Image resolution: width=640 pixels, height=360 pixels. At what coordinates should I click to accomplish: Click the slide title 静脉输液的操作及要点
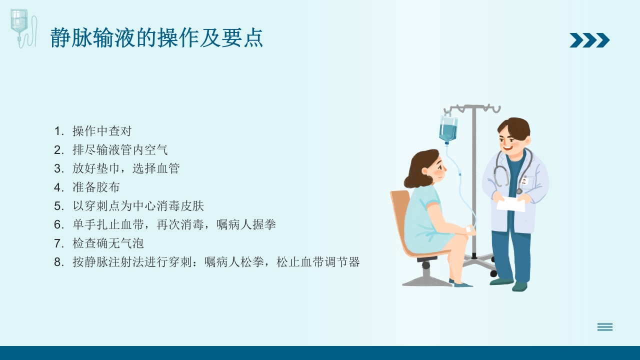click(156, 38)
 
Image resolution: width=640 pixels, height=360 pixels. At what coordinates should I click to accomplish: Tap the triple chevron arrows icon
click(589, 40)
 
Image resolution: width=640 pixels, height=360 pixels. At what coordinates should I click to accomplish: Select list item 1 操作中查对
click(101, 131)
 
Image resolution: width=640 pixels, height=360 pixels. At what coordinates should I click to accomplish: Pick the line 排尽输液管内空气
click(120, 149)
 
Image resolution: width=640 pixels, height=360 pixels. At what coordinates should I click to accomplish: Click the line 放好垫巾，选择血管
click(125, 168)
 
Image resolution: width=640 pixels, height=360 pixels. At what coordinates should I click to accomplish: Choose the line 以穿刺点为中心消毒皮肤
click(138, 206)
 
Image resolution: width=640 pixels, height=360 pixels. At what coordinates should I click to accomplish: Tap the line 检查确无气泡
click(108, 243)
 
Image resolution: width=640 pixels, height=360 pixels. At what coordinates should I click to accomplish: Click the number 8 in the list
click(58, 262)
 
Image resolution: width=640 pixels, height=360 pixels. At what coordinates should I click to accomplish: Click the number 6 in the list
click(58, 225)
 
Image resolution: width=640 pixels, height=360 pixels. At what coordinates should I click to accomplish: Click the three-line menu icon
click(604, 327)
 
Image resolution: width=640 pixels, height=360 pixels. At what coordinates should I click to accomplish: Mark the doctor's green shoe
click(520, 286)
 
